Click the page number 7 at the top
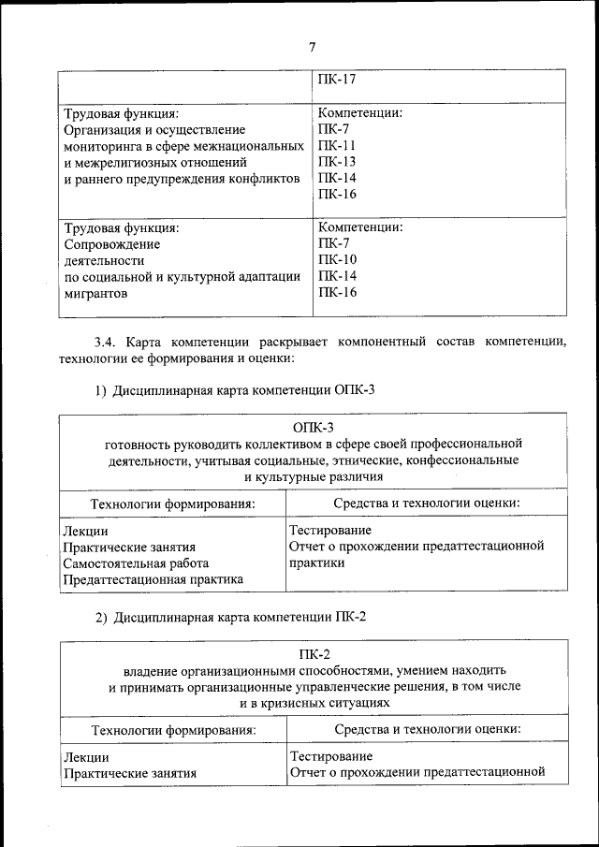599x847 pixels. [313, 49]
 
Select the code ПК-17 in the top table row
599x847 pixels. [337, 80]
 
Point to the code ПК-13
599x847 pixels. [337, 162]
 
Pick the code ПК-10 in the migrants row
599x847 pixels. [337, 259]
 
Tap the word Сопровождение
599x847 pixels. [111, 243]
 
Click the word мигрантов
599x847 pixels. [94, 293]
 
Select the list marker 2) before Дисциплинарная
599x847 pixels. [102, 617]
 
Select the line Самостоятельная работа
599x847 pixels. [136, 563]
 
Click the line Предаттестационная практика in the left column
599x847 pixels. [153, 579]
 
